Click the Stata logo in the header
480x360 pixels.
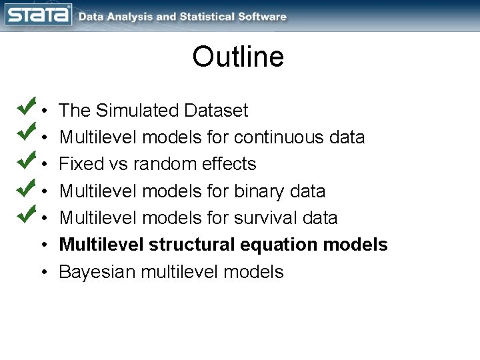pos(39,15)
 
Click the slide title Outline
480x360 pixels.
pos(238,57)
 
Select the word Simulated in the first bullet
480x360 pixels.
pos(138,110)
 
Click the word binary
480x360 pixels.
pos(259,191)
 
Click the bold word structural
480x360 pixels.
pos(191,245)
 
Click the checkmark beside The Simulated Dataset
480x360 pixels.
pos(26,106)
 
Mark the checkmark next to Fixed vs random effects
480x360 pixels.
pos(26,160)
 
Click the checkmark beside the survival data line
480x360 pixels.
pos(26,214)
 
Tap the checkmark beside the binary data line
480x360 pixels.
pos(26,187)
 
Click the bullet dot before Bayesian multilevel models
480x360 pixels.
pos(43,273)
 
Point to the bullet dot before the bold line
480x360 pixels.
pos(43,245)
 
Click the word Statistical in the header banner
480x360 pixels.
pos(208,17)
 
